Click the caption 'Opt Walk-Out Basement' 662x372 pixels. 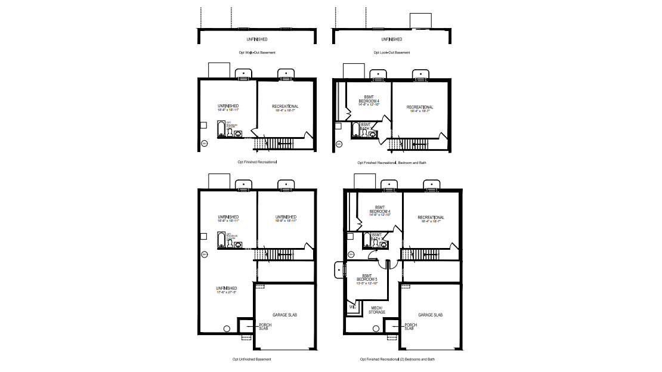click(x=256, y=52)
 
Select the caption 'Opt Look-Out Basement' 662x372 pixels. click(x=392, y=52)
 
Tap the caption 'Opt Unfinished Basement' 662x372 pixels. click(x=252, y=359)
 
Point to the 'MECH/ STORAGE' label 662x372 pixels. click(x=376, y=309)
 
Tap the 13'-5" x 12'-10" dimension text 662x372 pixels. click(x=367, y=283)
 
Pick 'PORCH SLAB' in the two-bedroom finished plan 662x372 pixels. click(x=410, y=327)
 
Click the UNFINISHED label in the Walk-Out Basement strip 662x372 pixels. click(x=256, y=39)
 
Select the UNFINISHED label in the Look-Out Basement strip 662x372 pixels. click(x=392, y=39)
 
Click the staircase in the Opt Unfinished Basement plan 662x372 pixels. click(x=274, y=255)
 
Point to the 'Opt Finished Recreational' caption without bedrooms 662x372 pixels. click(x=256, y=162)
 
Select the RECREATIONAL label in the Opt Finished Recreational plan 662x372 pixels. click(x=285, y=107)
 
